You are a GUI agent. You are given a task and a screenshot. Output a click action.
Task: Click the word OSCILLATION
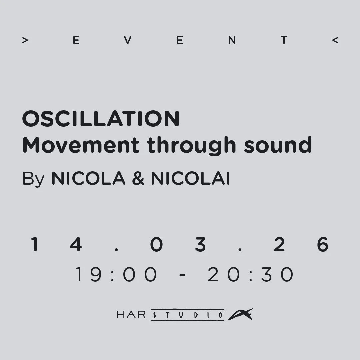pos(101,119)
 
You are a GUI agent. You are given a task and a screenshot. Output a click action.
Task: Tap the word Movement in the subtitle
pos(80,145)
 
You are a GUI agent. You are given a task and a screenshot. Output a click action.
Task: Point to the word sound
pos(278,145)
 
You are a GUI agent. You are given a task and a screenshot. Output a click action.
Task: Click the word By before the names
pos(33,179)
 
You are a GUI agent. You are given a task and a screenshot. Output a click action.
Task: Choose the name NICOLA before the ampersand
pos(88,179)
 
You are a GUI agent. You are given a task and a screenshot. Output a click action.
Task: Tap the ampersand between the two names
pos(138,179)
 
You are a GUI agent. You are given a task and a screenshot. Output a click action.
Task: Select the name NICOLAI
pos(190,179)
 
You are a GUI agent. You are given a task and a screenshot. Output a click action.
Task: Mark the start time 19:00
pos(116,275)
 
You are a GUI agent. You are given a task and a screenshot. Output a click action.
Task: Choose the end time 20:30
pos(251,275)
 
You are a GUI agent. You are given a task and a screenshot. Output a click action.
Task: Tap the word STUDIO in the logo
pos(188,315)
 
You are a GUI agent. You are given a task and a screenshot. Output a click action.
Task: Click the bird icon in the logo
pos(240,314)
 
